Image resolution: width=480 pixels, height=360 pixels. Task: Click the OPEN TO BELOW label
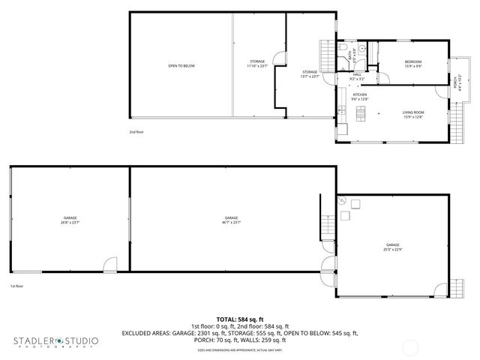coord(181,66)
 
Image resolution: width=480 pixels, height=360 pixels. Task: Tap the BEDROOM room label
coord(412,64)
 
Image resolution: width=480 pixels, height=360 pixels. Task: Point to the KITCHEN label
coord(359,97)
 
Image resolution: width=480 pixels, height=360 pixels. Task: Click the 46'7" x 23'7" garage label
coord(231,220)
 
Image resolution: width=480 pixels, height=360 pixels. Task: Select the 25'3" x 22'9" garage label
coord(393,247)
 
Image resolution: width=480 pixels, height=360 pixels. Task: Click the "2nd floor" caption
coord(136,131)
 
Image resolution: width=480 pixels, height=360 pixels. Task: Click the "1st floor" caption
coord(16,286)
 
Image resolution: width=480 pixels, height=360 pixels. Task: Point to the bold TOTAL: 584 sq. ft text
coord(239,319)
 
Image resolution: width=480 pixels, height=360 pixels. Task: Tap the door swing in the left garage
coord(110,264)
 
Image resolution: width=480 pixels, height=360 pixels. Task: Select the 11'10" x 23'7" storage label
coord(257,64)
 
